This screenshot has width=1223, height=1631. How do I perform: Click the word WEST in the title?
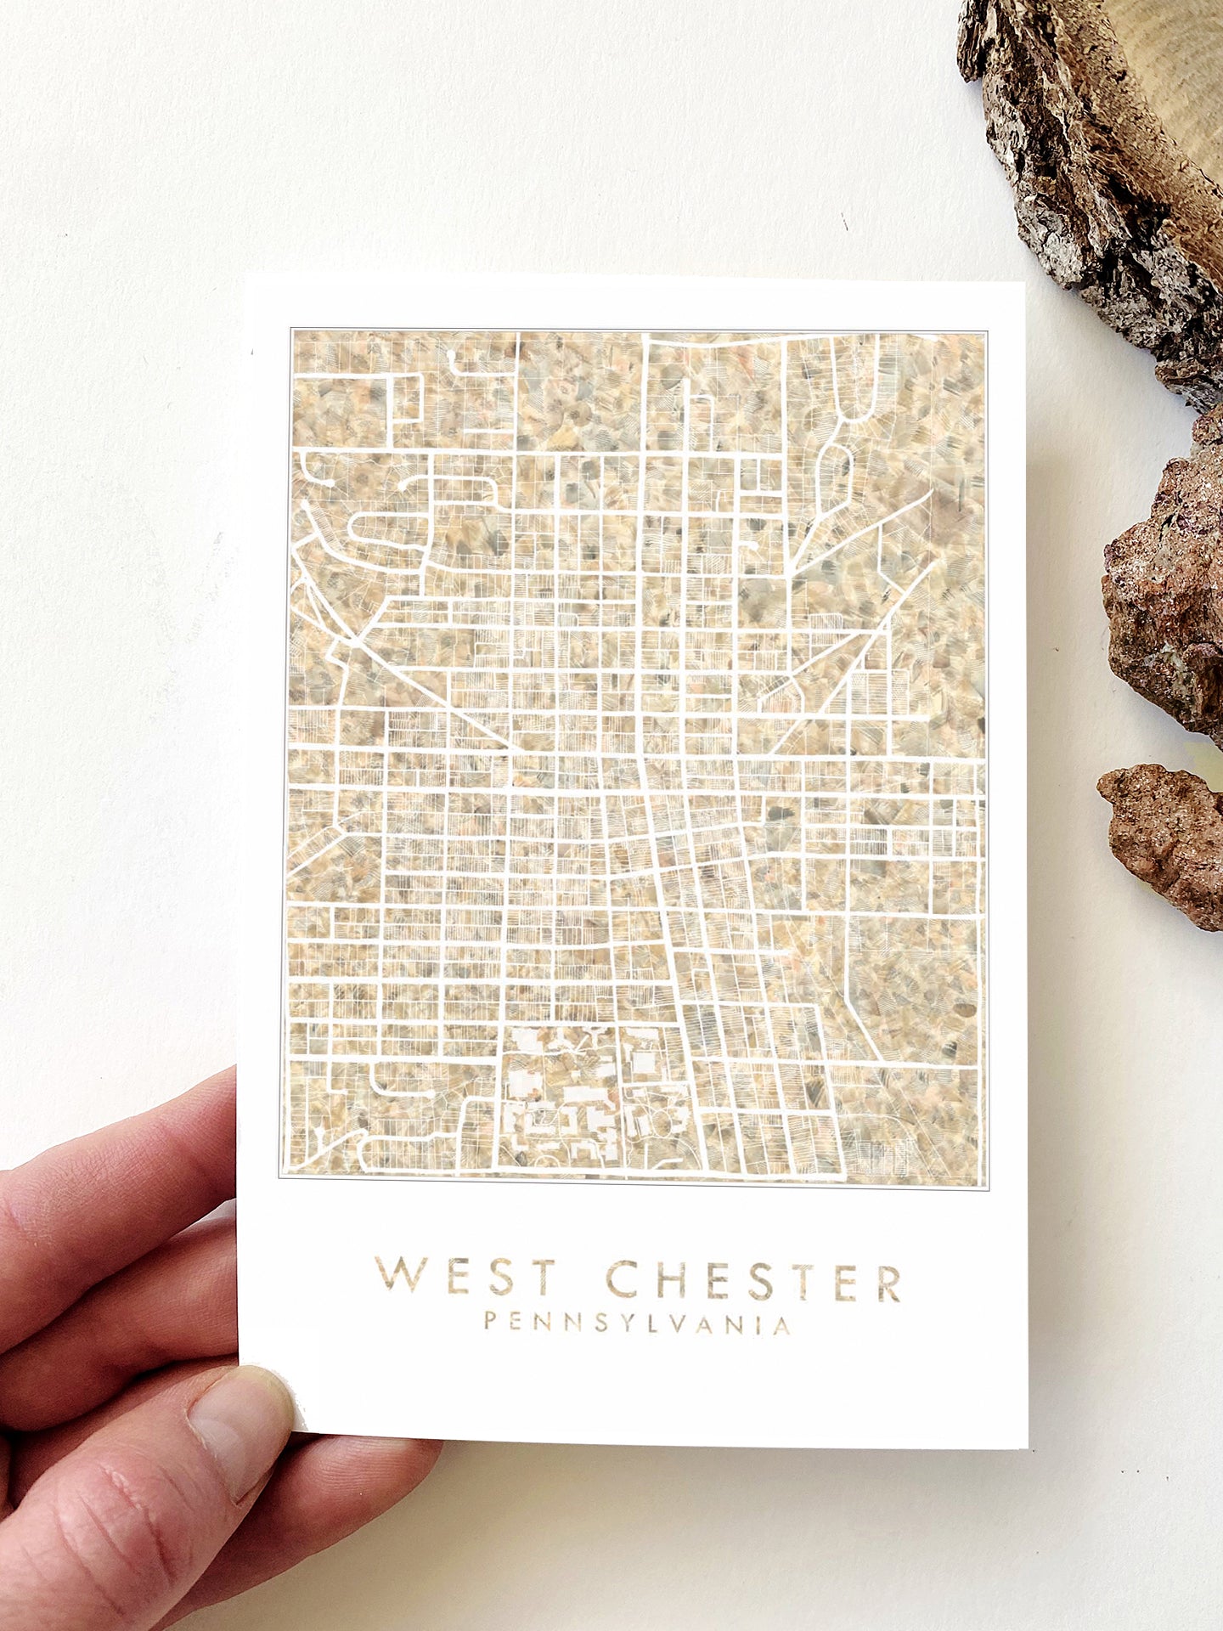point(465,1277)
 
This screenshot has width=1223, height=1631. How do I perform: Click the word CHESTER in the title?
point(753,1281)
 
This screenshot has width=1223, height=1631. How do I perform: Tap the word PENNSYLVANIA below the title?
point(637,1323)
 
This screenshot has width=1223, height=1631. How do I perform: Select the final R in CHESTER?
point(888,1284)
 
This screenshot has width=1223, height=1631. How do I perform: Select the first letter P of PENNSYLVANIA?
point(491,1322)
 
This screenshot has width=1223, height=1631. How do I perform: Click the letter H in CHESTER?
point(670,1280)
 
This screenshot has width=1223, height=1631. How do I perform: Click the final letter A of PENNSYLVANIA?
point(783,1326)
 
